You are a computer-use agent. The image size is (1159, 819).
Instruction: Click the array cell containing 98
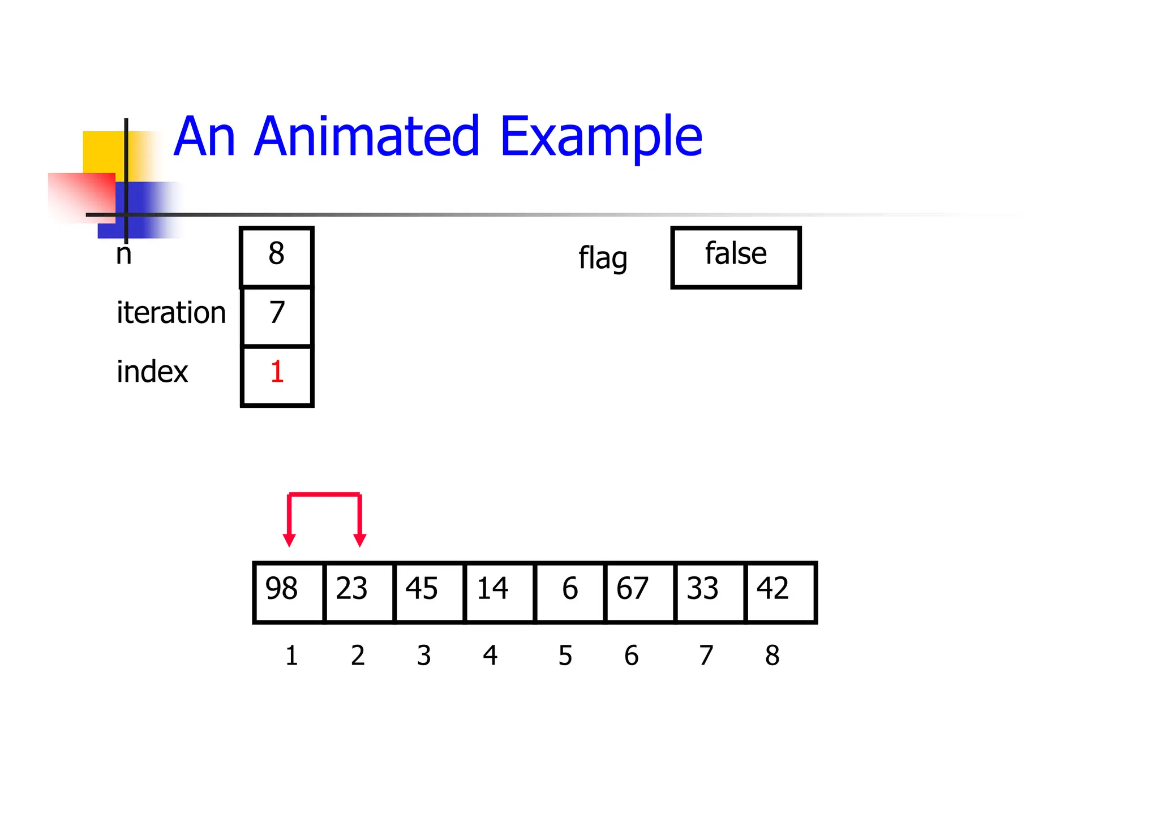tap(289, 592)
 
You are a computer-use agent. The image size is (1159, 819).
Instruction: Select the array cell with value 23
tap(359, 592)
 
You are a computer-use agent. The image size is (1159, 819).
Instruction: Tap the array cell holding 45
tap(429, 592)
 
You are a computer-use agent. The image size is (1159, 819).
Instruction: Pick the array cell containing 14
tap(499, 592)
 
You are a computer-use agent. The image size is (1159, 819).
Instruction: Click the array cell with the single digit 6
tap(569, 592)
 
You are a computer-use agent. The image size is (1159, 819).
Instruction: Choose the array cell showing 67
tap(639, 592)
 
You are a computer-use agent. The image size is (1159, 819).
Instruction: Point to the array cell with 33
tap(710, 592)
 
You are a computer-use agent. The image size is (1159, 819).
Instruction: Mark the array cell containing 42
tap(780, 592)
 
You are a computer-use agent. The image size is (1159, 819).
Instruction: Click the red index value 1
tap(277, 372)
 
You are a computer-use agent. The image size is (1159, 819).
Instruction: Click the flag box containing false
tap(736, 257)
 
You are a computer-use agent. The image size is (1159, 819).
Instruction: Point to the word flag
tap(603, 258)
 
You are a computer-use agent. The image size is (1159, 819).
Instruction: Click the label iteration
tap(171, 313)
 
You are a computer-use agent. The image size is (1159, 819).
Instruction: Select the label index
tap(152, 372)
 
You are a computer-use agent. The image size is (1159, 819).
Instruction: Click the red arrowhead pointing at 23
tap(359, 540)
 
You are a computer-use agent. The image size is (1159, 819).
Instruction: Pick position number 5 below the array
tap(565, 656)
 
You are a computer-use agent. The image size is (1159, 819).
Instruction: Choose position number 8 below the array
tap(772, 656)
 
